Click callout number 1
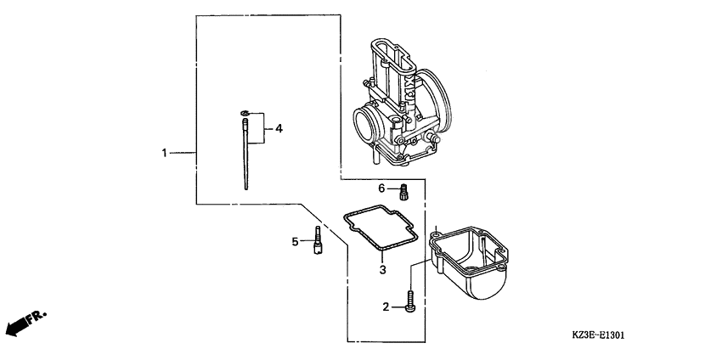(x=166, y=153)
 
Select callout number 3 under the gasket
(x=382, y=270)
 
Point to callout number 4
(x=279, y=129)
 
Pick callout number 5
(x=296, y=242)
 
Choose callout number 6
(x=382, y=188)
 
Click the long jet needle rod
(x=245, y=157)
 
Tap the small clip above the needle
(x=245, y=112)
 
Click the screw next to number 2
(x=410, y=303)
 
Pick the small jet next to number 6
(x=405, y=191)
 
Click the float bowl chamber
(x=469, y=259)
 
